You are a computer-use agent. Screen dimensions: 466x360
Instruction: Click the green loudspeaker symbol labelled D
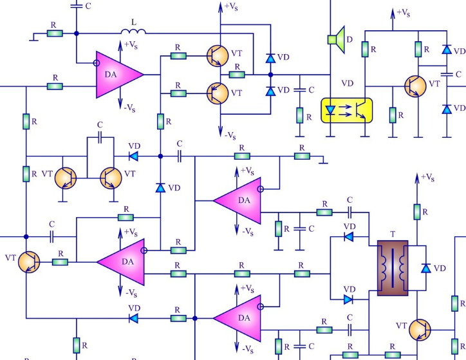click(337, 39)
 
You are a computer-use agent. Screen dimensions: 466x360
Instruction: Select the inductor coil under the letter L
click(133, 31)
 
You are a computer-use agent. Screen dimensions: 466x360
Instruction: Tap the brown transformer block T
click(393, 268)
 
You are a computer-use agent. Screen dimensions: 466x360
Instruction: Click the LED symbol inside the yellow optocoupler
click(330, 111)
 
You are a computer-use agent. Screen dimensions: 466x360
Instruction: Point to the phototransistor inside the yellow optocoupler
click(359, 111)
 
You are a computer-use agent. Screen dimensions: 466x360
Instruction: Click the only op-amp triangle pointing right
click(120, 75)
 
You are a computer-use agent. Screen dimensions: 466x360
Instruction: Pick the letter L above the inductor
click(134, 22)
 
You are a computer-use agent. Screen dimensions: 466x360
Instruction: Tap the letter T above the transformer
click(393, 234)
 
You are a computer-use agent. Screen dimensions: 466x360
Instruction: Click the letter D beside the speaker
click(349, 39)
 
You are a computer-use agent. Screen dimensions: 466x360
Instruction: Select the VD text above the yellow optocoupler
click(348, 83)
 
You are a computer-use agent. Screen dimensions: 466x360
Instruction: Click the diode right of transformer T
click(426, 268)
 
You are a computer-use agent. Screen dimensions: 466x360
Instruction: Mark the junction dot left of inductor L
click(77, 33)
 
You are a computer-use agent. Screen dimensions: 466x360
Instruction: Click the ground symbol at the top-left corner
click(33, 38)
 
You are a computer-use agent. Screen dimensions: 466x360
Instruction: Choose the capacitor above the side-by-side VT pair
click(100, 137)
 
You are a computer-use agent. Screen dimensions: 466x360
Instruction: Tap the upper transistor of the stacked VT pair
click(218, 56)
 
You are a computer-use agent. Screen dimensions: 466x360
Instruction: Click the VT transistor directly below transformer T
click(420, 330)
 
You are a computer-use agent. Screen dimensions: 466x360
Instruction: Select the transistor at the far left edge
click(29, 262)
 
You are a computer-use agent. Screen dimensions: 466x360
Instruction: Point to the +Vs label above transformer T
click(427, 177)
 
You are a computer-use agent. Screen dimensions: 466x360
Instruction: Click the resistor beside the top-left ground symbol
click(55, 33)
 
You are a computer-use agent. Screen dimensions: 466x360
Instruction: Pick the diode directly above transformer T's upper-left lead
click(349, 237)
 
